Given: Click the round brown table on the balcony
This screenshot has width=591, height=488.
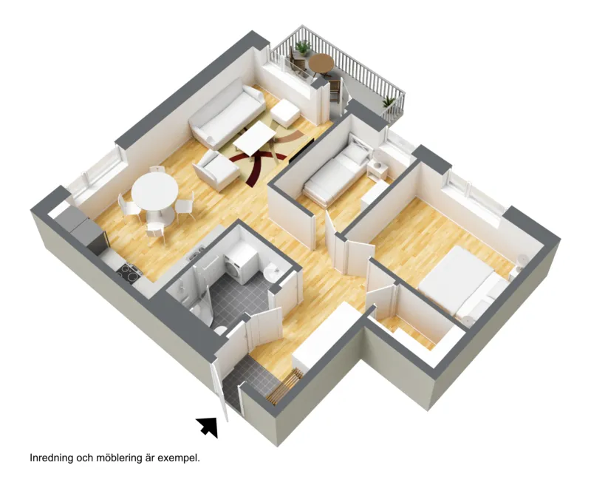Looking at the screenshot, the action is pos(321,62).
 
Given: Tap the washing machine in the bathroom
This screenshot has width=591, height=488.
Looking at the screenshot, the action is pos(241,265).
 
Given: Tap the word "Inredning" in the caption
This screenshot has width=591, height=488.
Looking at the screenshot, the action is pos(51,458).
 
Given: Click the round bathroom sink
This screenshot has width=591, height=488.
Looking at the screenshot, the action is pos(272,272).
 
